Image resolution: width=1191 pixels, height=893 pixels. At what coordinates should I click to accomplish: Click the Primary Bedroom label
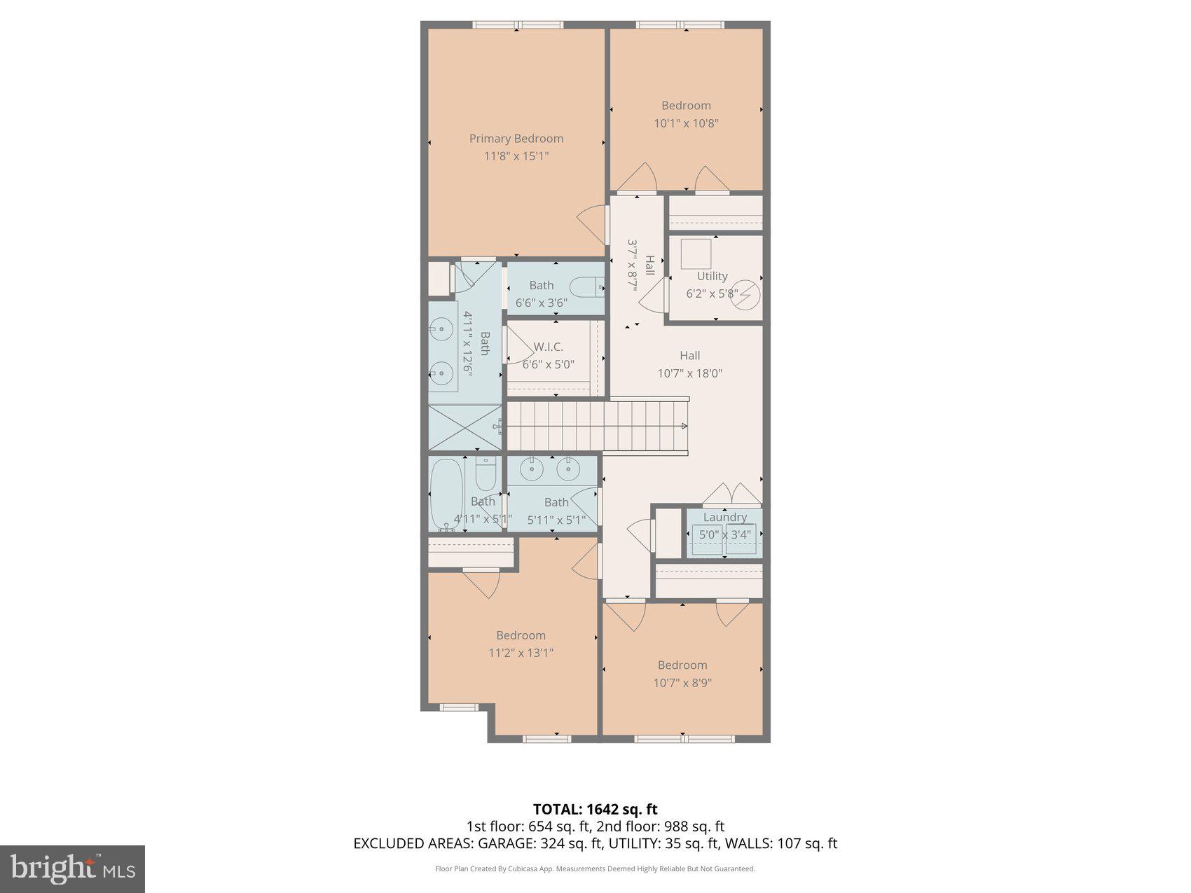coord(516,139)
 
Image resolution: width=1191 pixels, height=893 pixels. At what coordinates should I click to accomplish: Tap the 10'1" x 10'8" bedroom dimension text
coord(686,123)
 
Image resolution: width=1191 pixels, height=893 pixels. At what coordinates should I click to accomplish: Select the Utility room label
coord(712,276)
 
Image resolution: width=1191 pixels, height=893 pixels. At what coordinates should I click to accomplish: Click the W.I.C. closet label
coord(548,347)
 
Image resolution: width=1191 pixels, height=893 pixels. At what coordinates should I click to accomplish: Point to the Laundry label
coord(724,517)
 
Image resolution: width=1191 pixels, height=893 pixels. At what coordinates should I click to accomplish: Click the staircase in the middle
coord(595,425)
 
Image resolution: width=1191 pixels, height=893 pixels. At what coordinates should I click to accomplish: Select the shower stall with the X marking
coord(464,427)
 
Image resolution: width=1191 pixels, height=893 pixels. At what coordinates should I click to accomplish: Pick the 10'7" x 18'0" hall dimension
coord(689,373)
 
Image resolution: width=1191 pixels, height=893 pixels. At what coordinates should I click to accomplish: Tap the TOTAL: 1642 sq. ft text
coord(595,810)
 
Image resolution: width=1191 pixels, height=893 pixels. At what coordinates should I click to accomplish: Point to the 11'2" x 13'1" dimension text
coord(521,653)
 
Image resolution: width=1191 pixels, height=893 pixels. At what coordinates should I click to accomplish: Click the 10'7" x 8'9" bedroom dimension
coord(682,683)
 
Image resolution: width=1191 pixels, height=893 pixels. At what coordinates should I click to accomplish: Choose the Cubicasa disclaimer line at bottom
coord(595,868)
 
